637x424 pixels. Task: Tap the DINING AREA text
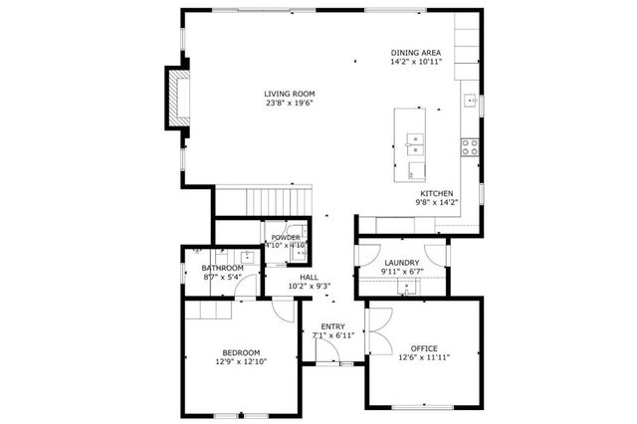coord(416,52)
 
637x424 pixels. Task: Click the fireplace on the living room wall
coord(178,97)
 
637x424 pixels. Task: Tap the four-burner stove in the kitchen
coord(469,145)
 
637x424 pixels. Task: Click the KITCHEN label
coord(436,193)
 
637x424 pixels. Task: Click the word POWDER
coord(286,237)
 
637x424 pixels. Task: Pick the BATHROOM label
coord(222,268)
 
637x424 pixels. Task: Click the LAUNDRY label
coord(401,263)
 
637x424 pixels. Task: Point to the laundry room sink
coord(405,289)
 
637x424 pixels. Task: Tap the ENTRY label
coord(332,326)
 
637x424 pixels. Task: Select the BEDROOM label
coord(241,352)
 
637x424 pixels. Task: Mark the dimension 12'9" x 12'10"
coord(241,362)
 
